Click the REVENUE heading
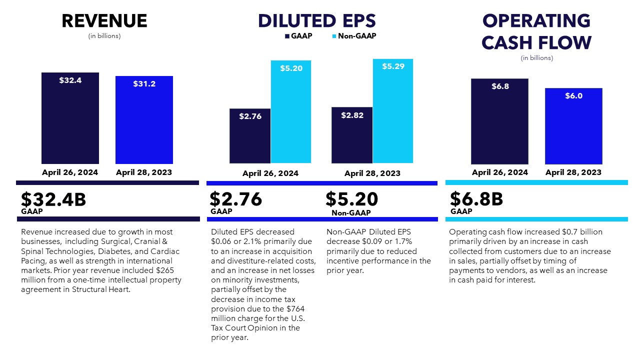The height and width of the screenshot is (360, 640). tap(104, 21)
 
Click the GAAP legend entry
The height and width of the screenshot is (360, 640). tap(298, 36)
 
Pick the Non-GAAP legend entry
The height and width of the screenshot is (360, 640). tap(353, 36)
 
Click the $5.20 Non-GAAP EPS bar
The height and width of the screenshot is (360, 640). tap(291, 112)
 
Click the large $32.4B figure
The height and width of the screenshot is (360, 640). tap(53, 199)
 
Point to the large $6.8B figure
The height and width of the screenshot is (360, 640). tap(476, 199)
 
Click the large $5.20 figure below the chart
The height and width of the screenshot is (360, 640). tap(351, 199)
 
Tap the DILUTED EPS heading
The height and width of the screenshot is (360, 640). tap(317, 21)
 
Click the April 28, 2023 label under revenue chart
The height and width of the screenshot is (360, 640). tap(144, 172)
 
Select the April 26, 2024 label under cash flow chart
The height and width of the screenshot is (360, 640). tap(499, 172)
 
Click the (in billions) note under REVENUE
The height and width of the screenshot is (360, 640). tap(104, 36)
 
